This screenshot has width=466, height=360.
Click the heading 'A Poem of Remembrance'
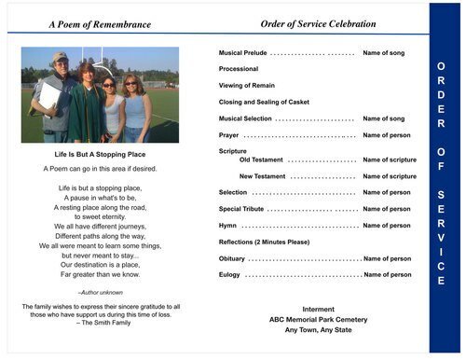pyautogui.click(x=99, y=24)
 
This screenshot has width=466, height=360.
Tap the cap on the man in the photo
pyautogui.click(x=60, y=57)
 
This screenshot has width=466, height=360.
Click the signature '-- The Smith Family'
pyautogui.click(x=101, y=322)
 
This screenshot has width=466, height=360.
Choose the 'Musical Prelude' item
pyautogui.click(x=242, y=53)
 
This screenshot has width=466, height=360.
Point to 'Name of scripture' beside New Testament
pyautogui.click(x=390, y=176)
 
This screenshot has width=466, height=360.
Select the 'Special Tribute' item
pyautogui.click(x=243, y=209)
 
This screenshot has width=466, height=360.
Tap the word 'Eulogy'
pyautogui.click(x=229, y=275)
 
